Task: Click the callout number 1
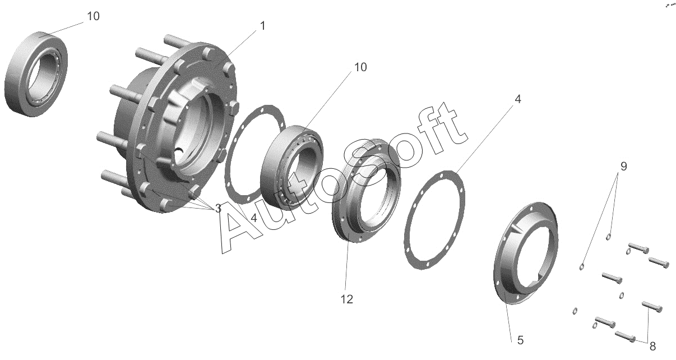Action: click(263, 26)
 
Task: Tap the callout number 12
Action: click(347, 299)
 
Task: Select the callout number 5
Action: click(520, 340)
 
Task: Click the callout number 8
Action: click(652, 347)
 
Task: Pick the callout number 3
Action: click(218, 208)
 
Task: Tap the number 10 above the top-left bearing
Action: click(93, 16)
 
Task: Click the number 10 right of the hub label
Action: click(360, 67)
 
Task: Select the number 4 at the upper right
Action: click(518, 99)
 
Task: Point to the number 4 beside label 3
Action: click(254, 218)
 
